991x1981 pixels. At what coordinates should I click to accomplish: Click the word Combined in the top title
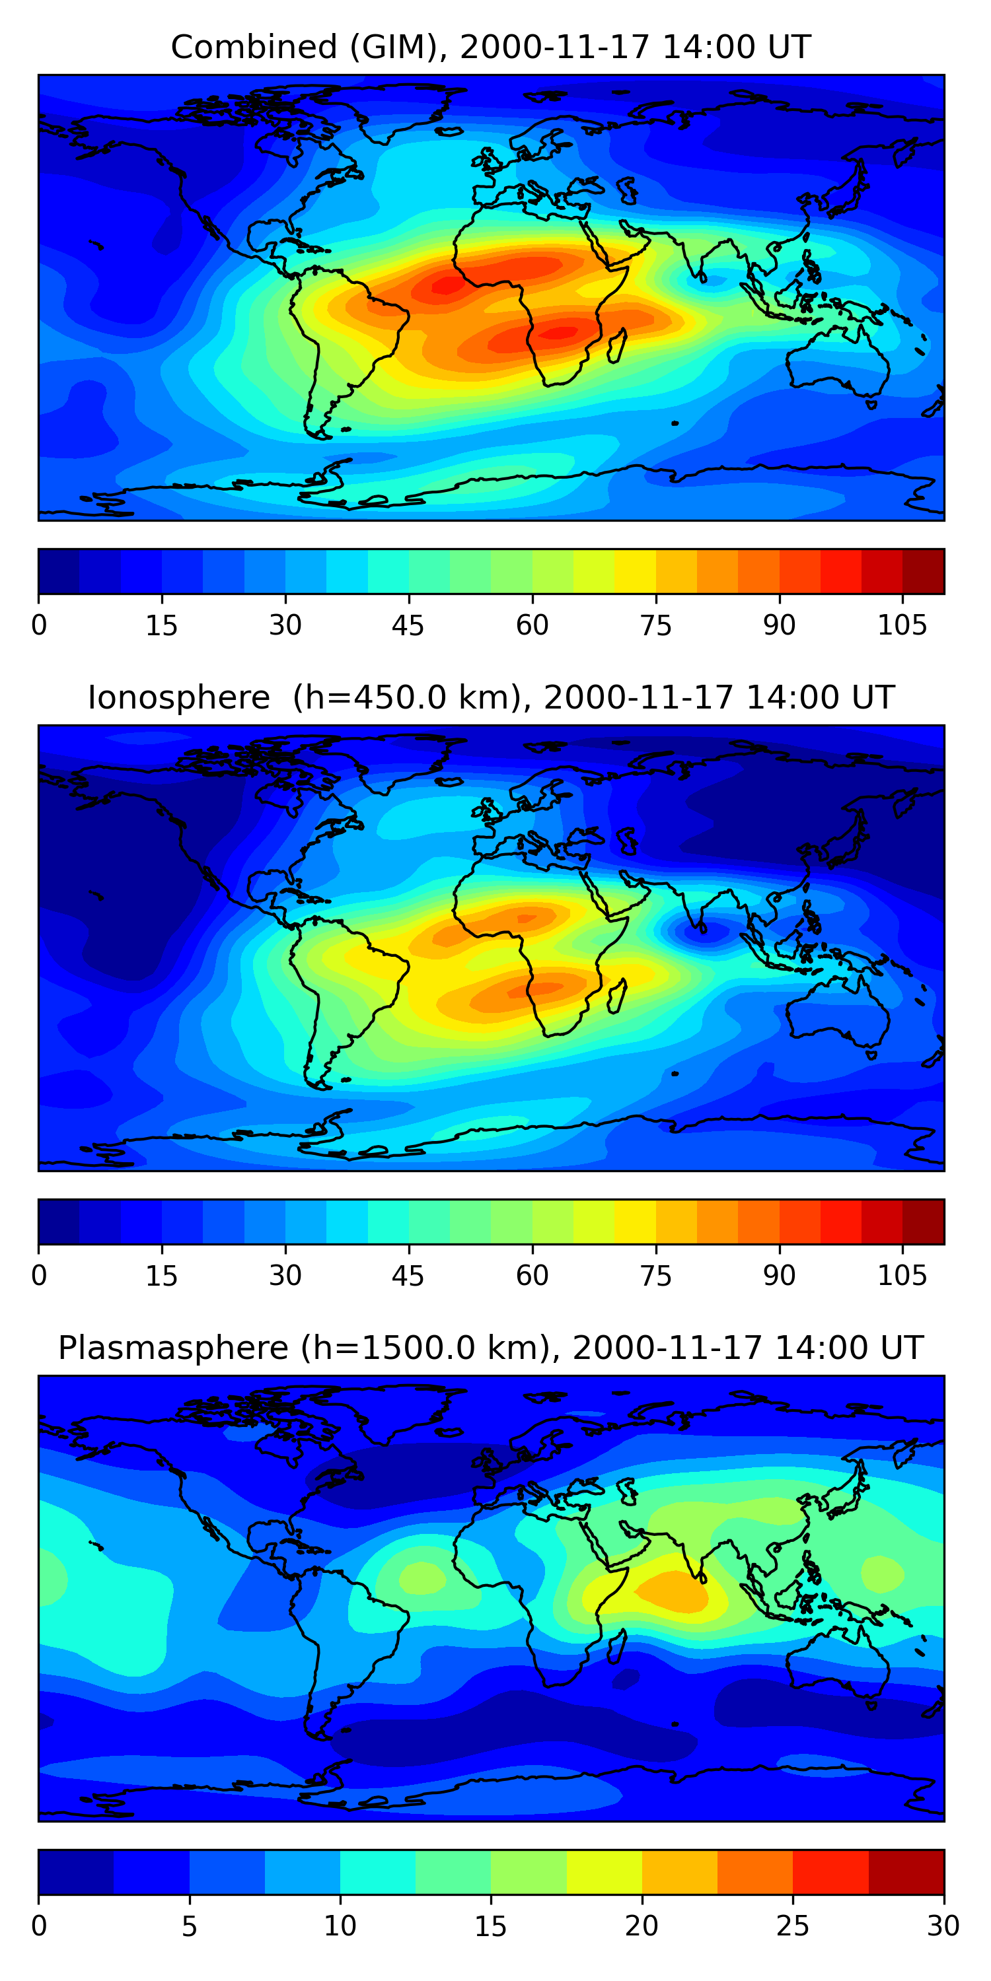point(253,48)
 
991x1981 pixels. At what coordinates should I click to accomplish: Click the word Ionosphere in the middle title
point(178,697)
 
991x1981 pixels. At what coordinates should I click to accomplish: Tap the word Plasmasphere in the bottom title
point(172,1348)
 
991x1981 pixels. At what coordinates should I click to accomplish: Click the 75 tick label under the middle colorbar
point(655,1276)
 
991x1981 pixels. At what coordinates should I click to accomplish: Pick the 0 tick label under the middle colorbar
point(39,1276)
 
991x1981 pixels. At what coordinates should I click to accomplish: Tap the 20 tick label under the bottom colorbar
point(641,1926)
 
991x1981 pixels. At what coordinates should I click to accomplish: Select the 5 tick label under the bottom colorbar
point(189,1926)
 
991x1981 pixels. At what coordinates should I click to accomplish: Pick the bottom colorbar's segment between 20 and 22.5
point(679,1872)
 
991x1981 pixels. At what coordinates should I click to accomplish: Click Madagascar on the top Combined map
point(617,346)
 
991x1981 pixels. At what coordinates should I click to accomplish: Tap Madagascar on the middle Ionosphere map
point(617,996)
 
